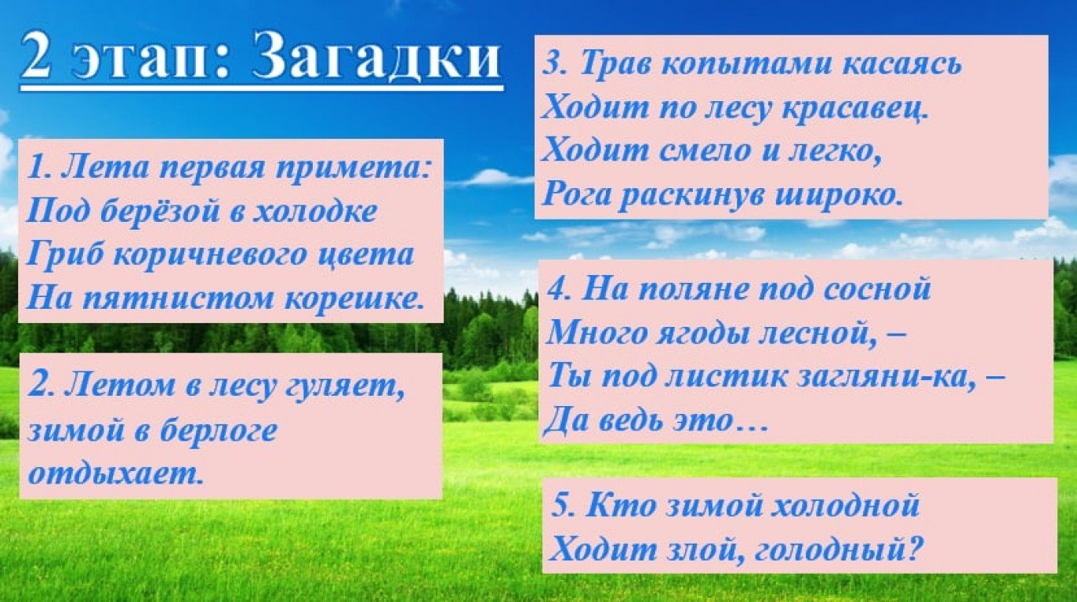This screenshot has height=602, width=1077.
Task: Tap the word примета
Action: (x=353, y=170)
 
